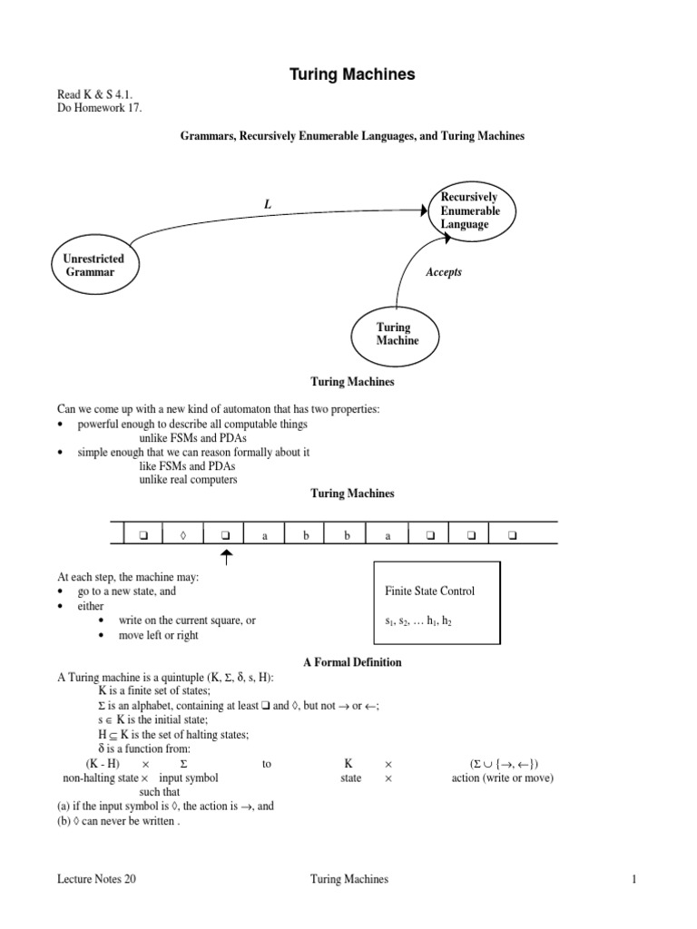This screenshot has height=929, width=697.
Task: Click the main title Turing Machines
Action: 353,74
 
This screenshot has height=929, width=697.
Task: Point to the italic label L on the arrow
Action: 268,205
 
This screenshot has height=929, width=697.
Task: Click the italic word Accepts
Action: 444,272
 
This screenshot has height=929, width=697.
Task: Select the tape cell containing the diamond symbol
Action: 183,535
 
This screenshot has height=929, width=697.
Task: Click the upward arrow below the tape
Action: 226,557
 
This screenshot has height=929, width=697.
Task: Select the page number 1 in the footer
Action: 636,879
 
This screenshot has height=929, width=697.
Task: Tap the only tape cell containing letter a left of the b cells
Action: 265,535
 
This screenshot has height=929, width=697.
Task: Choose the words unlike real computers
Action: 188,479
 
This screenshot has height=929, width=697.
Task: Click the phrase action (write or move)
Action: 503,777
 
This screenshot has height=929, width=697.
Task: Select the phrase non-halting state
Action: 100,777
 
